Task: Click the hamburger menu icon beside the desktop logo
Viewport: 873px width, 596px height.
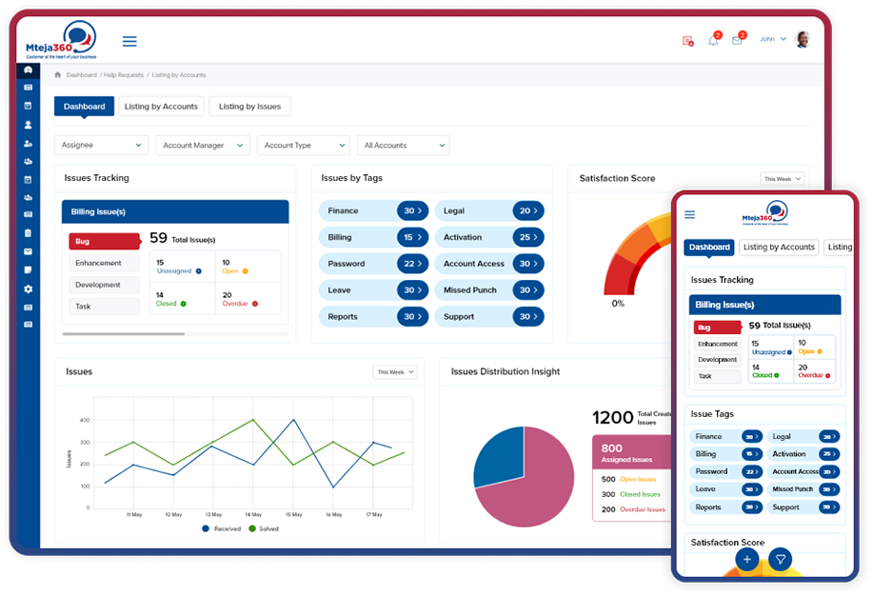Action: [x=129, y=41]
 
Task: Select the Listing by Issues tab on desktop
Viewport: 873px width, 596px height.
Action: [x=249, y=107]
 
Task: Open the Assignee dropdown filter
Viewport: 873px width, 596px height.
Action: [x=101, y=146]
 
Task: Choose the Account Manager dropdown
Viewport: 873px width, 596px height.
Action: [x=203, y=146]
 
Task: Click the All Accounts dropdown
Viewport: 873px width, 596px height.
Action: [x=404, y=146]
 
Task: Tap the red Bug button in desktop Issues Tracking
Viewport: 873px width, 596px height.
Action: [x=103, y=242]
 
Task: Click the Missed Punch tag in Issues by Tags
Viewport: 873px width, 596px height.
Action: [x=489, y=290]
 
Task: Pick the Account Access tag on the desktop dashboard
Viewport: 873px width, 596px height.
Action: [x=489, y=264]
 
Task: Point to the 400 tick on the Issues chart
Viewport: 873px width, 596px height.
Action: [x=85, y=420]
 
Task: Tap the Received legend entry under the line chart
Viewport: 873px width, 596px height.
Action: [x=223, y=528]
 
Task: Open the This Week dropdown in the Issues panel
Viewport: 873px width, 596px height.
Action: [x=395, y=372]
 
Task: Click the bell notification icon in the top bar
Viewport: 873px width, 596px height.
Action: [x=713, y=40]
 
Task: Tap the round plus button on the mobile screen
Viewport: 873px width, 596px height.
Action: [x=747, y=560]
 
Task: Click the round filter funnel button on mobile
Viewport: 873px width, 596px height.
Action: [x=780, y=560]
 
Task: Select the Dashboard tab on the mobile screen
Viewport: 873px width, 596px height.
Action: [x=709, y=248]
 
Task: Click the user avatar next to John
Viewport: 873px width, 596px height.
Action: [x=803, y=40]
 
